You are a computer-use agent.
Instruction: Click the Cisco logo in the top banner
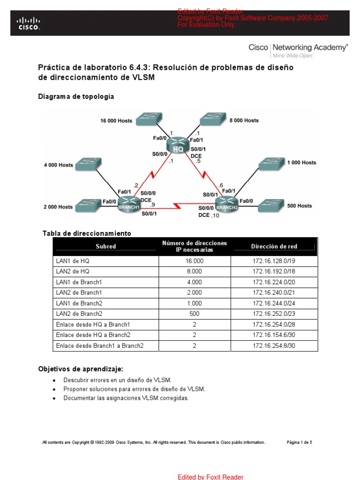pos(29,23)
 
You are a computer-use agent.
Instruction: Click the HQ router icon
pos(178,145)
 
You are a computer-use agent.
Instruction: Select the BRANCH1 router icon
pos(129,204)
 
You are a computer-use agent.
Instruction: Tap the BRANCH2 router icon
pos(227,204)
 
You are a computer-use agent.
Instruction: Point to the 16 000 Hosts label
pos(116,120)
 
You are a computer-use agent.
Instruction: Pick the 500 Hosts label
pos(300,206)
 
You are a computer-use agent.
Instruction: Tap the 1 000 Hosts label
pos(301,163)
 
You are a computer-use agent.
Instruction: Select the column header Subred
pos(105,247)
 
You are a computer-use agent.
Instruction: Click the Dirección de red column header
pos(274,247)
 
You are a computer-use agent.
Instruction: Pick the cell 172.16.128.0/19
pos(274,261)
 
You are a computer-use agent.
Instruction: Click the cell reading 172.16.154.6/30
pos(274,335)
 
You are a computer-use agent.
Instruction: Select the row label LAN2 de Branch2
pos(79,314)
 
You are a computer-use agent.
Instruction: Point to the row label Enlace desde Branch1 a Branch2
pos(99,346)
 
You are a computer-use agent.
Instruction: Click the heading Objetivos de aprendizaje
pos(81,369)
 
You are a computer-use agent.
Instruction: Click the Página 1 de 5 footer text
pos(299,442)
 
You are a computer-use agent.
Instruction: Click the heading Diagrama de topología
pos(76,97)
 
